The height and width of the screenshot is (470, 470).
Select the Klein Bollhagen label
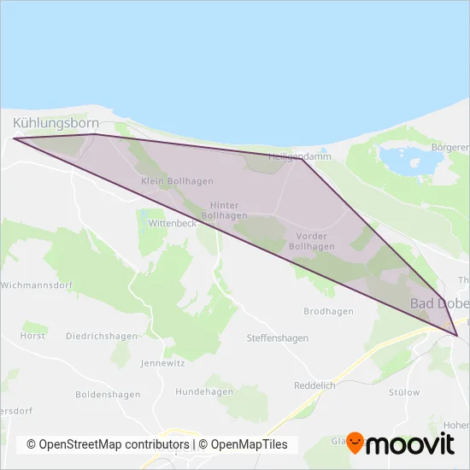tap(177, 181)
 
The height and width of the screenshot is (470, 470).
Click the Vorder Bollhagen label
tap(312, 241)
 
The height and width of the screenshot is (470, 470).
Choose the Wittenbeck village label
tap(173, 222)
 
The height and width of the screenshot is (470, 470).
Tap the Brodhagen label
tap(328, 312)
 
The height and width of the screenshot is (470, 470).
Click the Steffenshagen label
tap(277, 338)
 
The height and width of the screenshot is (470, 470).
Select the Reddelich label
tap(315, 385)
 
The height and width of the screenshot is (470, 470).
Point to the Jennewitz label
tap(162, 362)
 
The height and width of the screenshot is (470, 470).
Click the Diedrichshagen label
tap(101, 336)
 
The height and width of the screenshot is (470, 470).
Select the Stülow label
tap(404, 393)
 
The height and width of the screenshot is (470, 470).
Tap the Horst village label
tap(32, 336)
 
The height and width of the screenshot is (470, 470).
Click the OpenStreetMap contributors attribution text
tap(109, 444)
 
